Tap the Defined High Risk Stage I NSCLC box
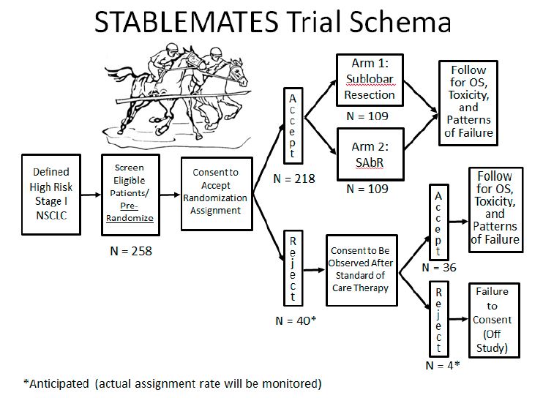51,194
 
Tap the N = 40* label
295,320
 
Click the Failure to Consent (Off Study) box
493,319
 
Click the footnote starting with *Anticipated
172,383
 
